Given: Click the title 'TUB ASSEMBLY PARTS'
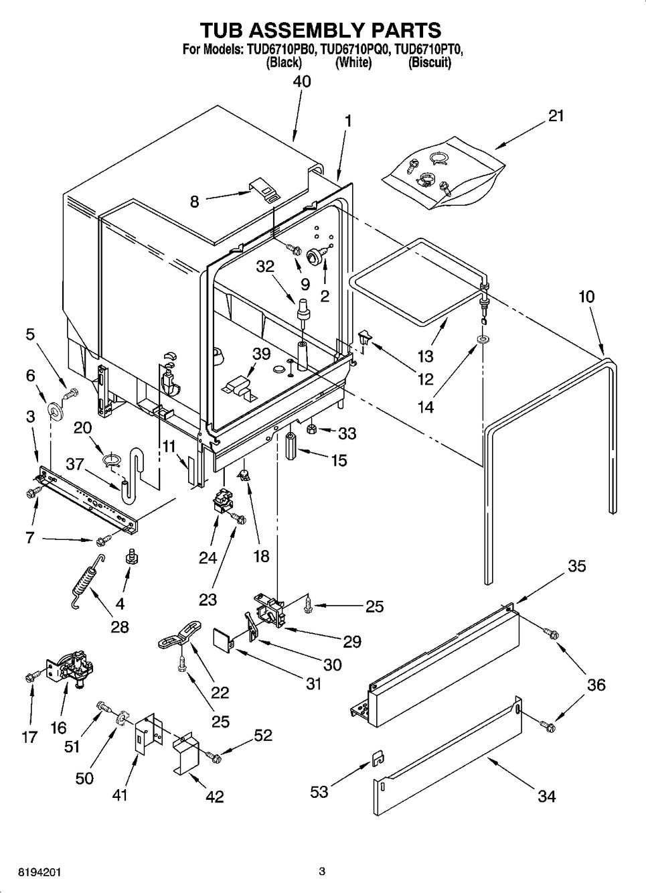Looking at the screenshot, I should point(322,30).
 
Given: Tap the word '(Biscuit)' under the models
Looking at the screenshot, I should point(430,63).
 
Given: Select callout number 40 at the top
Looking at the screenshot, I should point(302,81).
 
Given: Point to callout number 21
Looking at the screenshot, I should point(555,115).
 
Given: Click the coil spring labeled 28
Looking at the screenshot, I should point(87,581).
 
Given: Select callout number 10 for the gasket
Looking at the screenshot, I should point(586,296).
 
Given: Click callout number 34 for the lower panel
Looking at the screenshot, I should point(546,796).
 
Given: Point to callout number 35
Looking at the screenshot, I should point(576,566).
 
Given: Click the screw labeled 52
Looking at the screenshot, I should point(215,757).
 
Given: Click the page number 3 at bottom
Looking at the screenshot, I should point(322,872).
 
